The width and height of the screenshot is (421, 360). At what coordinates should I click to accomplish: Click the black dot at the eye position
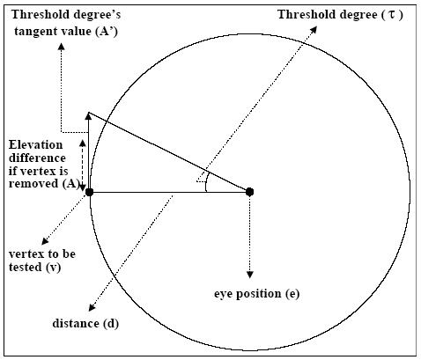[249, 192]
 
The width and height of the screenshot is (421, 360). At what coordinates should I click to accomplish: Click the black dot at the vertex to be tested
[89, 193]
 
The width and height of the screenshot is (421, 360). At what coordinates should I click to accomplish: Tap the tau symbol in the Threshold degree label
[392, 14]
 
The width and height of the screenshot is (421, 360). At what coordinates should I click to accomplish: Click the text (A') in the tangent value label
[107, 32]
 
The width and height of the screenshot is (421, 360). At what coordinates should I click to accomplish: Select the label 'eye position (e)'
[256, 294]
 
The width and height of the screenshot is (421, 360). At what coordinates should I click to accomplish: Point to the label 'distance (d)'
[85, 323]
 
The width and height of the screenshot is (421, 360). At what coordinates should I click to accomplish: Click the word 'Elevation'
[35, 145]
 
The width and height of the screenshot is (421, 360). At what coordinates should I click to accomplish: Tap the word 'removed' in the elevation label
[33, 184]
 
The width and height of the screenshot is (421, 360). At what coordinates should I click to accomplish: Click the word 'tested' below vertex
[26, 267]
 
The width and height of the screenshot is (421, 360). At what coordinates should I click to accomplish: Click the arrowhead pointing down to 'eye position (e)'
[250, 275]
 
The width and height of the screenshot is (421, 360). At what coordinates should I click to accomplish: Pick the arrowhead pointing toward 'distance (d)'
[92, 307]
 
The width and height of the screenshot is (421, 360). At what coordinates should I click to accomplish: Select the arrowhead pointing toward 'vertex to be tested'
[45, 241]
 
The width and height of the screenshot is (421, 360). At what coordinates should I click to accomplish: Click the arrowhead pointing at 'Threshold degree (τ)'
[314, 29]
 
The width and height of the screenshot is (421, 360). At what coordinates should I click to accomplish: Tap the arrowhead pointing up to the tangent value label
[61, 47]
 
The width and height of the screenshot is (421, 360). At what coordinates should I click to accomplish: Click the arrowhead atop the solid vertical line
[88, 116]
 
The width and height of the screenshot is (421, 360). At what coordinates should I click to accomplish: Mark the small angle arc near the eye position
[206, 182]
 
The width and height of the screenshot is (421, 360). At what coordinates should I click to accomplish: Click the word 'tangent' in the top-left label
[34, 32]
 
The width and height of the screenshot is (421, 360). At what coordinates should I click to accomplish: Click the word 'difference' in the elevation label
[37, 158]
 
